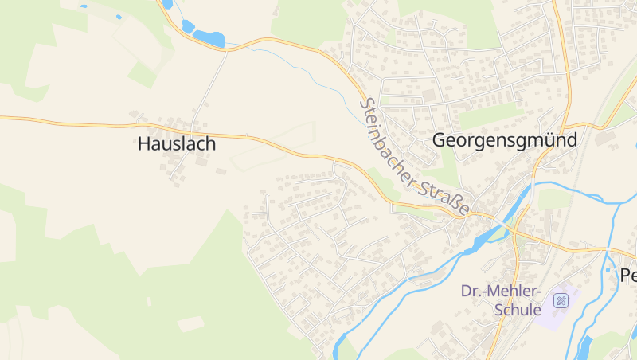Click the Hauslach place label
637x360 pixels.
point(177,144)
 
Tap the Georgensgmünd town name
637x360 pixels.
point(503,139)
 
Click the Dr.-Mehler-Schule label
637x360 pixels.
point(502,300)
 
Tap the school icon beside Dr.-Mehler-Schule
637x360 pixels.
point(561,300)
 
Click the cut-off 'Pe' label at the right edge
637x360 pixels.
point(628,276)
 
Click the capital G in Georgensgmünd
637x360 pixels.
point(440,139)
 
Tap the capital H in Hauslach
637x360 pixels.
point(144,144)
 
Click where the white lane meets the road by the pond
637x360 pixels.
point(227,50)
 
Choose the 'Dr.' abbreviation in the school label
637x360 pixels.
point(471,291)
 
